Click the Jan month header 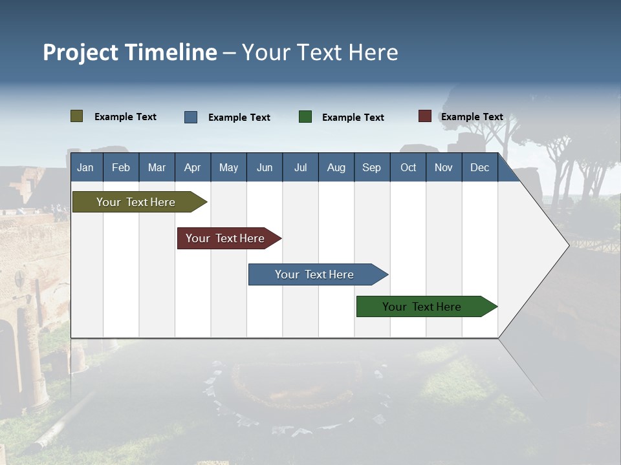[x=85, y=167]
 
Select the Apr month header [x=192, y=167]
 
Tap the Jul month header [x=300, y=167]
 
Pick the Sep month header [x=371, y=167]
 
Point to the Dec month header [x=479, y=167]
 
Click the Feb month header [x=121, y=167]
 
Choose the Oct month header [x=408, y=167]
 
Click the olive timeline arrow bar [x=136, y=202]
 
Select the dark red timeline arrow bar [x=226, y=238]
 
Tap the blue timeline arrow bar [x=314, y=274]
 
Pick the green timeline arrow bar [x=422, y=307]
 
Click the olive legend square [x=77, y=116]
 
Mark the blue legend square [x=191, y=117]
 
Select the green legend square [x=305, y=117]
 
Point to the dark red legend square [x=425, y=116]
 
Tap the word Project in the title [x=81, y=52]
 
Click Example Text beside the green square [x=353, y=118]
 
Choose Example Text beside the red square [x=472, y=117]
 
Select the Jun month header [x=265, y=167]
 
